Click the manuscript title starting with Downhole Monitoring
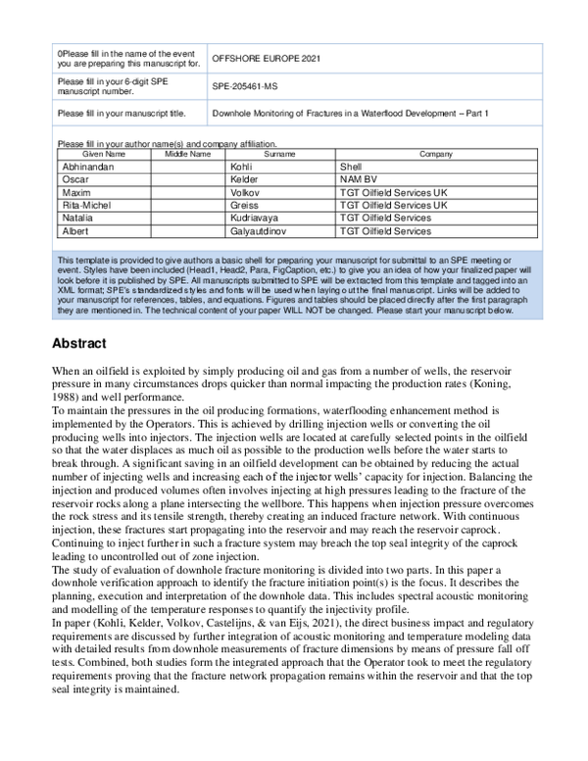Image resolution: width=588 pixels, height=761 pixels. click(x=350, y=114)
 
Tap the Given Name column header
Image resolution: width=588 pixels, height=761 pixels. click(x=103, y=154)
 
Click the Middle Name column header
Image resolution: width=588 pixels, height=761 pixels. click(x=187, y=154)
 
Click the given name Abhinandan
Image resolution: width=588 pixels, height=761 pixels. click(x=88, y=168)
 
